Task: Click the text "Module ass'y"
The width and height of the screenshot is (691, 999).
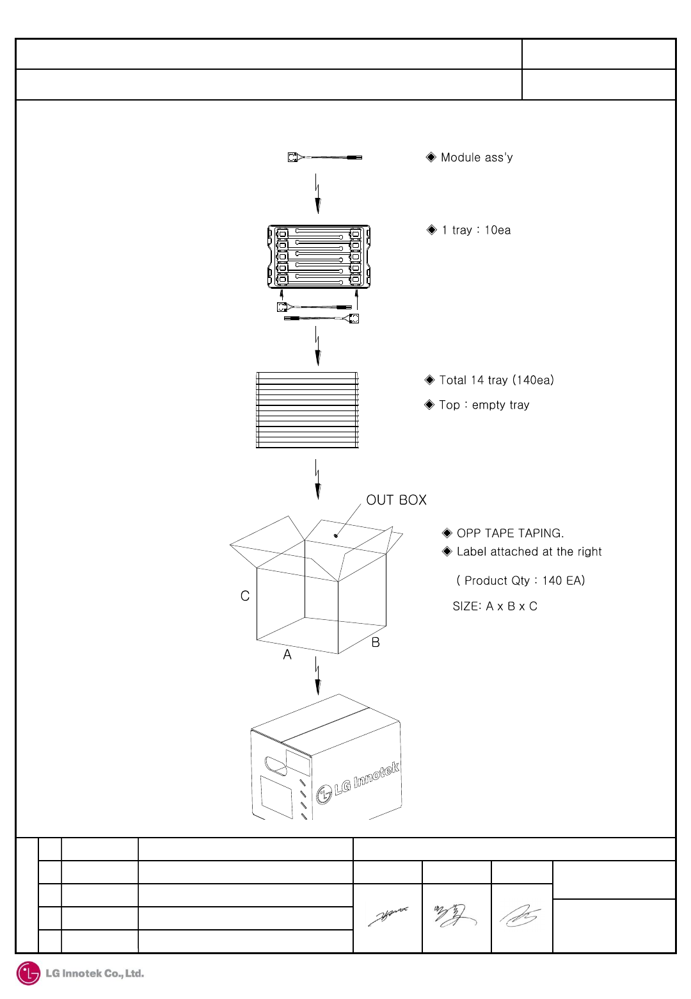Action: pyautogui.click(x=476, y=158)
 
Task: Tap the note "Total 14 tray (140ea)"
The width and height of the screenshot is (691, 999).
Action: pyautogui.click(x=496, y=380)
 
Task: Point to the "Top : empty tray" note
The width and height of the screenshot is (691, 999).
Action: pyautogui.click(x=484, y=405)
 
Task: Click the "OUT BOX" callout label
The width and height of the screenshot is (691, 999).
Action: pyautogui.click(x=396, y=500)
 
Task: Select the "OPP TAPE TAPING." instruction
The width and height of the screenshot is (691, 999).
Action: pyautogui.click(x=510, y=533)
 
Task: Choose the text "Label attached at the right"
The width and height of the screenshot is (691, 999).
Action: pyautogui.click(x=528, y=551)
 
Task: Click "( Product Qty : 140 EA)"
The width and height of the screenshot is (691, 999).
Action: pyautogui.click(x=520, y=581)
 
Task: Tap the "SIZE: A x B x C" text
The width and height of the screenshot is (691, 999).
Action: pyautogui.click(x=495, y=606)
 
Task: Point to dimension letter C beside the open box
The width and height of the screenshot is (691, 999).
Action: pyautogui.click(x=245, y=596)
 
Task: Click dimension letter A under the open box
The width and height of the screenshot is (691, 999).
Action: pyautogui.click(x=287, y=654)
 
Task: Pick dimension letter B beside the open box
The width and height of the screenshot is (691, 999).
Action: pyautogui.click(x=376, y=642)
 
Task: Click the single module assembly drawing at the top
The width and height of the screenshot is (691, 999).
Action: pyautogui.click(x=324, y=157)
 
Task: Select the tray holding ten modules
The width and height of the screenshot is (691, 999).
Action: pyautogui.click(x=319, y=256)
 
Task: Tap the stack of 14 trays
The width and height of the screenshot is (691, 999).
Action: pyautogui.click(x=307, y=410)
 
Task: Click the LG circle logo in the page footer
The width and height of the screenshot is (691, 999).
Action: pyautogui.click(x=28, y=973)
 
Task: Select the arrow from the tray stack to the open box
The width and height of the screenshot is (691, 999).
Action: pyautogui.click(x=317, y=479)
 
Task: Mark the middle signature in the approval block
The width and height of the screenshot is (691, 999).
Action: pyautogui.click(x=455, y=916)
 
